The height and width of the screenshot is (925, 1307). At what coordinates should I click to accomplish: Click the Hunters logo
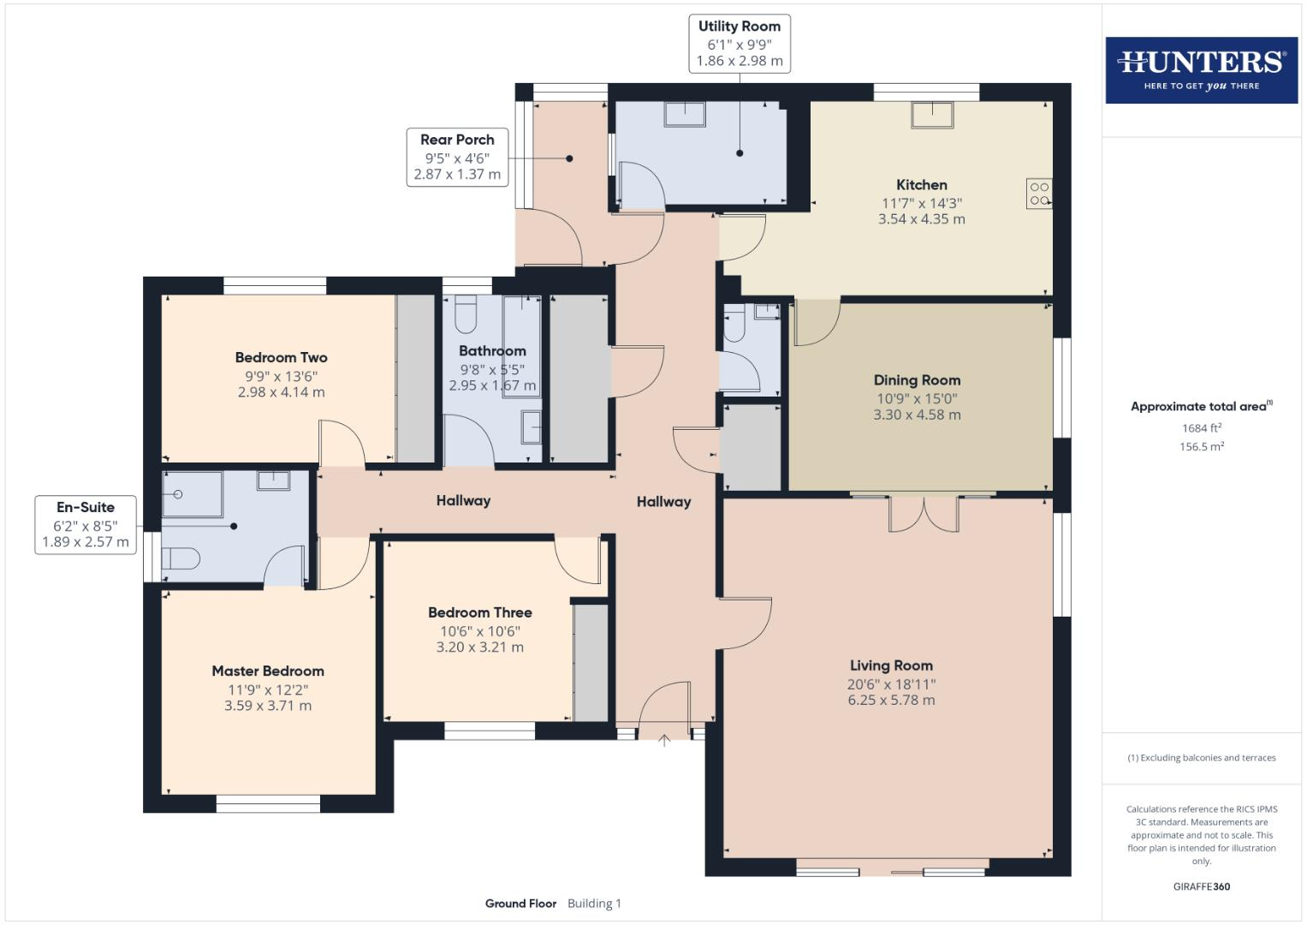(x=1201, y=69)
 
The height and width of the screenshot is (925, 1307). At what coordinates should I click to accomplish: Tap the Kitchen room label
(x=921, y=185)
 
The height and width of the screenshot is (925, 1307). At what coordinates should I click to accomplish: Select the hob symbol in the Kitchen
(x=1038, y=194)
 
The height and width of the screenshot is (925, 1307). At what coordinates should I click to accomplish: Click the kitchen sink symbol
(x=932, y=115)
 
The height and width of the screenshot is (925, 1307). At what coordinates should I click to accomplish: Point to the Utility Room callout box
(x=739, y=44)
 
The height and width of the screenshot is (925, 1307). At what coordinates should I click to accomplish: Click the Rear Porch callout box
(x=457, y=157)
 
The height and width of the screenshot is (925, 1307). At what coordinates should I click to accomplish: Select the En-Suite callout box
(x=86, y=524)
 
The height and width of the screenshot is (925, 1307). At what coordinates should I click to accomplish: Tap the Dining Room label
(x=917, y=380)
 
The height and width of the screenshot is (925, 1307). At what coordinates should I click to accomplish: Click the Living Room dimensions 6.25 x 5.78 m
(x=891, y=700)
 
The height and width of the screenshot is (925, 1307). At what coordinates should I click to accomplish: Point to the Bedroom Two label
(x=281, y=358)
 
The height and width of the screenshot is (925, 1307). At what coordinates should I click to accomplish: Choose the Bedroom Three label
(x=479, y=612)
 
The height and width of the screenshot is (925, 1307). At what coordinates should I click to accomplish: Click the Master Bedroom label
(x=268, y=671)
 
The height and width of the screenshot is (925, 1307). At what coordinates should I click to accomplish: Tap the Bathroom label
(x=492, y=351)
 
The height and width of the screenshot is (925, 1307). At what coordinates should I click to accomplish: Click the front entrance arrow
(x=664, y=741)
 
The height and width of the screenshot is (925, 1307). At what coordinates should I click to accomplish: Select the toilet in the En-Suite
(x=181, y=559)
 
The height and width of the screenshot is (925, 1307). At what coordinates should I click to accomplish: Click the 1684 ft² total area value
(x=1201, y=428)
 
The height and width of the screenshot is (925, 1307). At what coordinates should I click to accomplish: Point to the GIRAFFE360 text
(x=1201, y=886)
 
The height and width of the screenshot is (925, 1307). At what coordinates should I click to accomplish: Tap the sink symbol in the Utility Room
(x=686, y=115)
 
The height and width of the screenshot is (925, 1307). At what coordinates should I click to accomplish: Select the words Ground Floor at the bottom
(x=520, y=904)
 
